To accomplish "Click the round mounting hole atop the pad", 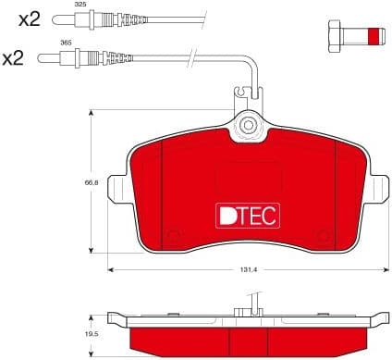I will coord(247,125).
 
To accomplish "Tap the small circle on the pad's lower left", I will coord(173,235).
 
